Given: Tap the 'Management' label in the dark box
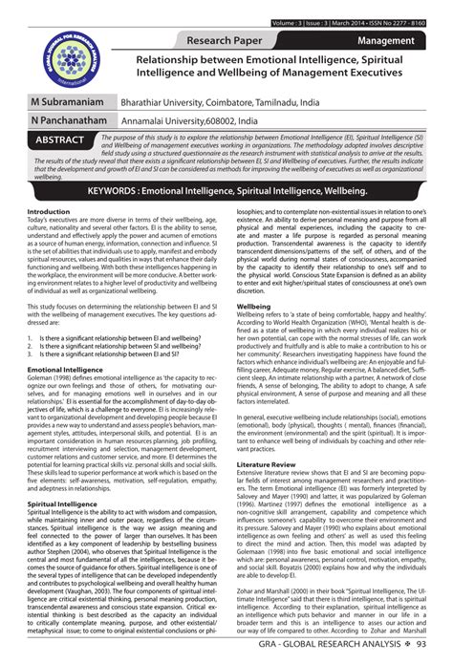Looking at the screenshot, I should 385,42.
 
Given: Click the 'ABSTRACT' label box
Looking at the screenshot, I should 63,139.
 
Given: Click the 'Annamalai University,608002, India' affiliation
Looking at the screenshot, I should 192,121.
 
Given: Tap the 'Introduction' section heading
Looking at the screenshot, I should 48,211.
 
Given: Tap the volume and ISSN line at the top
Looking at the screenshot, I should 353,22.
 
